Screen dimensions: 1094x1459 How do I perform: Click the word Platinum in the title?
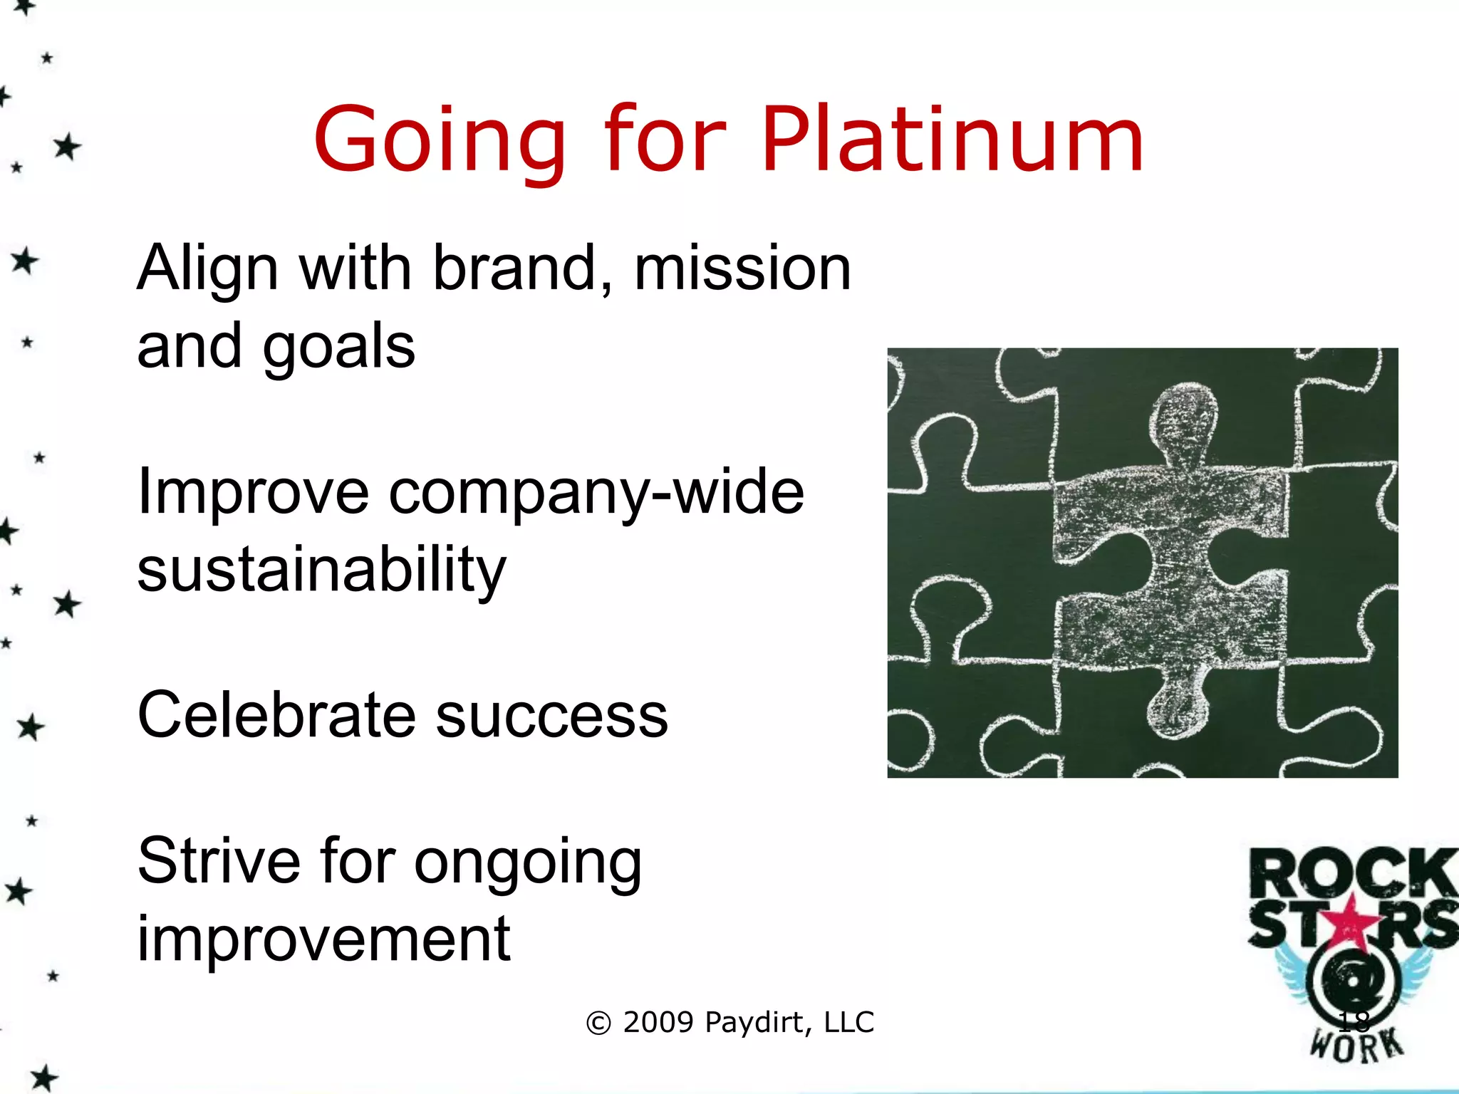[x=952, y=140]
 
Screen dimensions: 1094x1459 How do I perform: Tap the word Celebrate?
[x=276, y=715]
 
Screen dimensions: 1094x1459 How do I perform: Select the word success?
[x=551, y=717]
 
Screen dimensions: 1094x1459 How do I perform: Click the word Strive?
[x=219, y=862]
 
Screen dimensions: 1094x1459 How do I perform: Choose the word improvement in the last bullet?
[x=323, y=940]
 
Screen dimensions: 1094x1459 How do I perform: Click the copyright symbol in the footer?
[x=598, y=1023]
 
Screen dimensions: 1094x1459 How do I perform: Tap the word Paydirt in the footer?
[x=755, y=1023]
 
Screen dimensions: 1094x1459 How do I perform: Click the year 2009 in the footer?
[x=658, y=1023]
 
